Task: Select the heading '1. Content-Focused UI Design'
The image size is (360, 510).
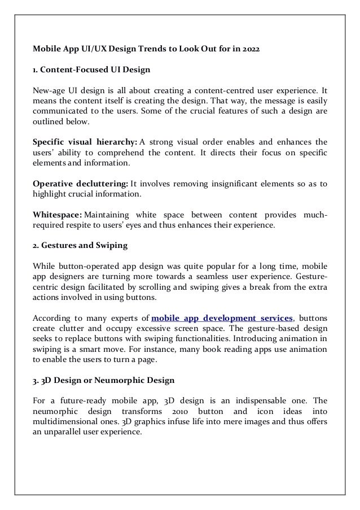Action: click(91, 70)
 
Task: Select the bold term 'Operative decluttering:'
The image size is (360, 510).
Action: click(81, 184)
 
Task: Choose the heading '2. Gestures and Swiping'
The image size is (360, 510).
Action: click(80, 246)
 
